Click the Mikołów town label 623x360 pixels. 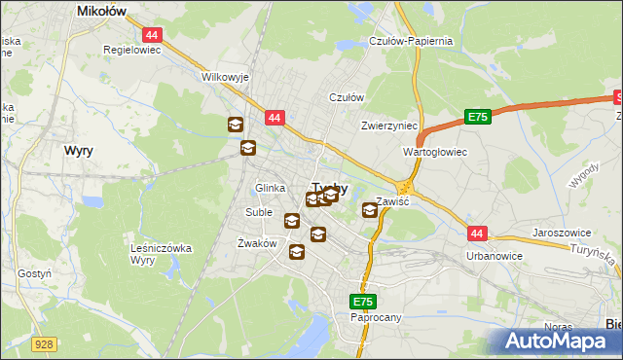[103, 12]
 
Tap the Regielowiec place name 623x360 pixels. [132, 48]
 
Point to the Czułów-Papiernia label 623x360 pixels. [412, 42]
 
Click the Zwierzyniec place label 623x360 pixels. [388, 126]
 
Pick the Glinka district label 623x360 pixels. [270, 188]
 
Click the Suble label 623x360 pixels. [259, 212]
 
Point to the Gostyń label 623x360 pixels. [34, 274]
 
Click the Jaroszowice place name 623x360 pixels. [564, 234]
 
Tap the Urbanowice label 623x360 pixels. [495, 256]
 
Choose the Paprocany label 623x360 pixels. [376, 317]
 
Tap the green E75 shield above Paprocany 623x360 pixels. [363, 303]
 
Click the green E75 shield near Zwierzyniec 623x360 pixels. [476, 117]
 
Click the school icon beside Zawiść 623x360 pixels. [370, 209]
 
